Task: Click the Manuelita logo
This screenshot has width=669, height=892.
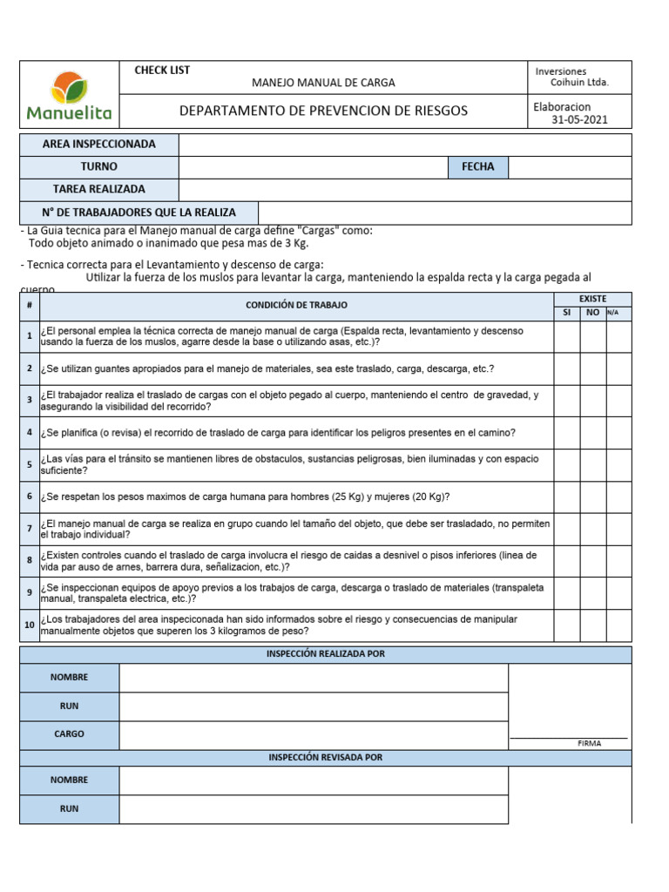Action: (x=69, y=94)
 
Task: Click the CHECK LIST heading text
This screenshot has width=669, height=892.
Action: (x=162, y=71)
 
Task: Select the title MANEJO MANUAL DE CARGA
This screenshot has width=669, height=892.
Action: (x=323, y=83)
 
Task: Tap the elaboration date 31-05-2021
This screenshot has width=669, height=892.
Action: (x=579, y=120)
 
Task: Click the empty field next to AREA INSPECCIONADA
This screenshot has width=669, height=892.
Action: (x=405, y=145)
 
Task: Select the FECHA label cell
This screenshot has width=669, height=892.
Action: (x=478, y=167)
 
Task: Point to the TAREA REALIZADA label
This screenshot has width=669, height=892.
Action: (x=99, y=190)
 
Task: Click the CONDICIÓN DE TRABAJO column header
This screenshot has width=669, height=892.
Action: (x=296, y=305)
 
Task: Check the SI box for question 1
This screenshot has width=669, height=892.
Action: (x=566, y=336)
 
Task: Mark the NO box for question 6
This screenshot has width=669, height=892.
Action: (x=592, y=497)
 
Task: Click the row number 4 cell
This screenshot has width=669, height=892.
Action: (x=30, y=433)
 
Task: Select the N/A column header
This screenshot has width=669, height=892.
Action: (x=613, y=313)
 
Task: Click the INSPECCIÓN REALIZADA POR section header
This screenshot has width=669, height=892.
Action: (x=326, y=654)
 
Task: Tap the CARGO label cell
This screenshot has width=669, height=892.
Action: (x=70, y=734)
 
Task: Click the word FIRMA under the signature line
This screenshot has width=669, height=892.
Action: (x=589, y=744)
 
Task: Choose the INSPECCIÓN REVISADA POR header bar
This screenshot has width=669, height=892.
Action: (x=326, y=758)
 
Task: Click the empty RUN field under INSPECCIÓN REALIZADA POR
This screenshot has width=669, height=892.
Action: (x=314, y=706)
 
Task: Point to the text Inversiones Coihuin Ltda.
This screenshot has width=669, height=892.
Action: (x=571, y=78)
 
